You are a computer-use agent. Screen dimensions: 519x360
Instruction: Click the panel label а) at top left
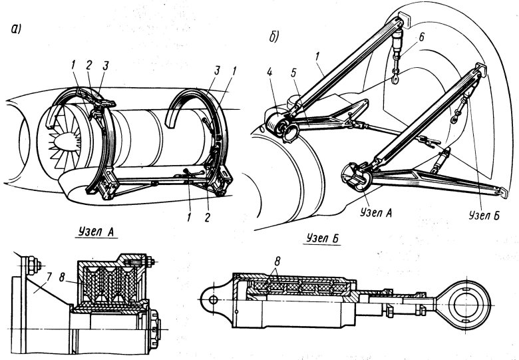coord(16,29)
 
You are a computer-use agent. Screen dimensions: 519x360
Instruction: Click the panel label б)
coord(274,37)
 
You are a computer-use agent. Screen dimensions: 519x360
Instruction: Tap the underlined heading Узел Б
coord(323,238)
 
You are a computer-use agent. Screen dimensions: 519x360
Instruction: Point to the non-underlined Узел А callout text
coord(376,213)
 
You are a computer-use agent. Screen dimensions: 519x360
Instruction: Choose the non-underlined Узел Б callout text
coord(484,215)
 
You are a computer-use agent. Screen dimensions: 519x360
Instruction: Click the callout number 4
coord(269,72)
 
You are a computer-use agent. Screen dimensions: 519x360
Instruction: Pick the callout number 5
coord(294,73)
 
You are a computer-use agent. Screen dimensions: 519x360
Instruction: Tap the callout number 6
coord(421,37)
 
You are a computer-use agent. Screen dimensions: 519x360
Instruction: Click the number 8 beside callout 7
coord(62,277)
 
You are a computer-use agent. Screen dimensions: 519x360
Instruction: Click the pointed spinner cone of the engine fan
coord(64,141)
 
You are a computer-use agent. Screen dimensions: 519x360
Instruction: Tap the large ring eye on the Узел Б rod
coord(464,305)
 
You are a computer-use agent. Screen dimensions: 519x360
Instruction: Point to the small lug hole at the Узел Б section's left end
coord(214,300)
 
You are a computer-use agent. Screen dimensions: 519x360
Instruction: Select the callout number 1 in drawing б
coord(317,57)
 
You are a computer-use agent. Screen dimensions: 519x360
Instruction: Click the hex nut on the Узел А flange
coord(33,266)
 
